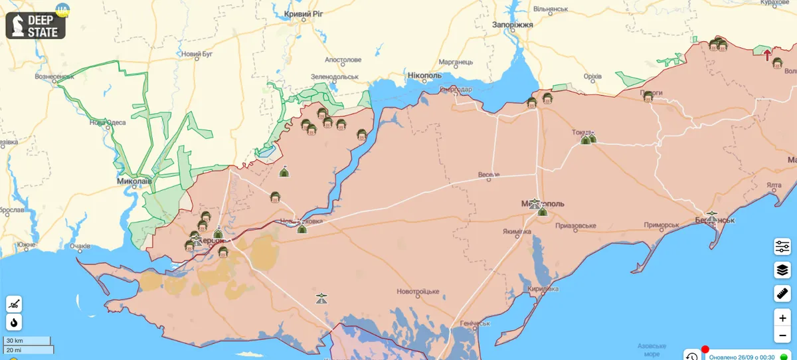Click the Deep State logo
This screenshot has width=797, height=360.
pos(36,24)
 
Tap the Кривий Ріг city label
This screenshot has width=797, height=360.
pos(305,14)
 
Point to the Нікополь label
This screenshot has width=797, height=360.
pos(424,75)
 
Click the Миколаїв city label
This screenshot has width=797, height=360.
pos(134,181)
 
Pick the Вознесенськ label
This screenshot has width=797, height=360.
pos(54,76)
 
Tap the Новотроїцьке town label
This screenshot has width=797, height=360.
pos(418,292)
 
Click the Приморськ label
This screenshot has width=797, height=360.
pos(661,225)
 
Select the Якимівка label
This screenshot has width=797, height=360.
pos(517,232)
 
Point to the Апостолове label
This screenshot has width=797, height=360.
pos(343,60)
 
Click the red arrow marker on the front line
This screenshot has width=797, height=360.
pos(767,55)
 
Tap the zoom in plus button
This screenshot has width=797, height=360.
pos(782,318)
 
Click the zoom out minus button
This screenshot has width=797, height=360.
pos(782,335)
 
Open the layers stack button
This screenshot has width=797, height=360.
pos(782,270)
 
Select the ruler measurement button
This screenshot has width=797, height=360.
pos(782,293)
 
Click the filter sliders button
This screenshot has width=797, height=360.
pos(782,247)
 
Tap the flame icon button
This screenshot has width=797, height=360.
pos(14,322)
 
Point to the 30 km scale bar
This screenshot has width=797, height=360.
pos(27,341)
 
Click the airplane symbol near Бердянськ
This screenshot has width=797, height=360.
pos(712,217)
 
